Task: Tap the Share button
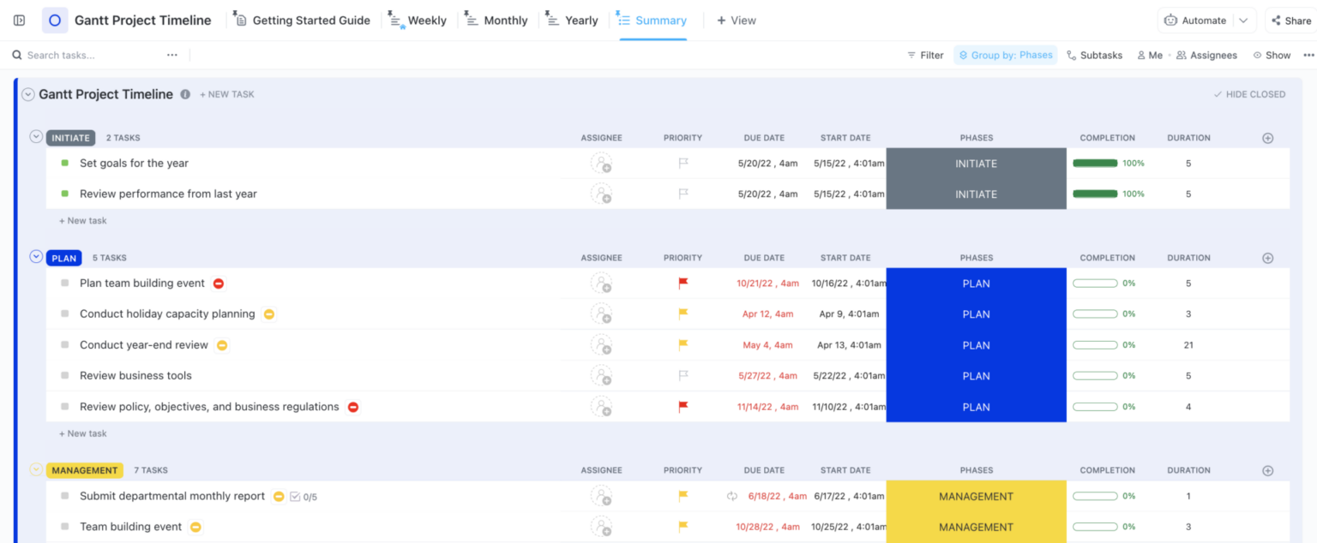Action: [1290, 21]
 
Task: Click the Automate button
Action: [1195, 21]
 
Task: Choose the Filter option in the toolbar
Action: [925, 55]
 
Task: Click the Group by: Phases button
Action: [1005, 55]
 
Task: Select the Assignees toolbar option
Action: [1206, 55]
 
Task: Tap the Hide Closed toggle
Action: [1249, 94]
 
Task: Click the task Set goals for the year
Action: [134, 164]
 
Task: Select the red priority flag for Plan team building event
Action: [683, 283]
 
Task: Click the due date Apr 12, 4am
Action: [767, 314]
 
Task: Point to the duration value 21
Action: [1188, 345]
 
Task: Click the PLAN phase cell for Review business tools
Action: [976, 376]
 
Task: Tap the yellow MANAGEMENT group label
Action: [84, 470]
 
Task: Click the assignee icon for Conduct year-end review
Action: [602, 345]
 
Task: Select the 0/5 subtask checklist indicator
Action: [304, 497]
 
